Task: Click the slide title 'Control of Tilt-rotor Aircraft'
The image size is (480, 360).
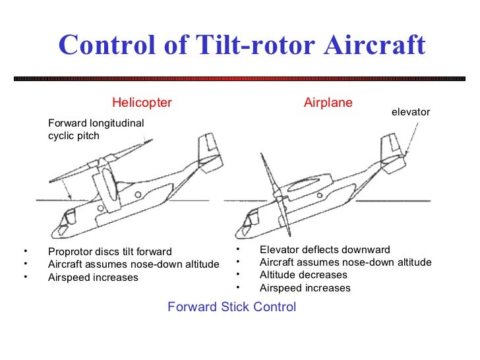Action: [241, 45]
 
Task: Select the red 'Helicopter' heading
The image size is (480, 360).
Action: [142, 102]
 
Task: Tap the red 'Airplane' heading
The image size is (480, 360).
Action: [328, 102]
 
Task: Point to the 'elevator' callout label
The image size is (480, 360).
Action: [410, 112]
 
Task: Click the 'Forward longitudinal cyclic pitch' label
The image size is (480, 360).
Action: [96, 129]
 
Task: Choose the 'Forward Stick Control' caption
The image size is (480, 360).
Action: [231, 307]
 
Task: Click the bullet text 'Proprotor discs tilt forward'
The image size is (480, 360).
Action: [109, 251]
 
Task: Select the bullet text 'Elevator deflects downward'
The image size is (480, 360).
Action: [324, 250]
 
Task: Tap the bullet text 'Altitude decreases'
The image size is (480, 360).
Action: [303, 274]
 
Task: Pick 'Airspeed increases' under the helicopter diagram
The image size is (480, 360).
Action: [93, 277]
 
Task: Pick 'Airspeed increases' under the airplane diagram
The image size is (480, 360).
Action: [305, 287]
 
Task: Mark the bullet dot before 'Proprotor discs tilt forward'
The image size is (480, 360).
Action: [24, 251]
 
